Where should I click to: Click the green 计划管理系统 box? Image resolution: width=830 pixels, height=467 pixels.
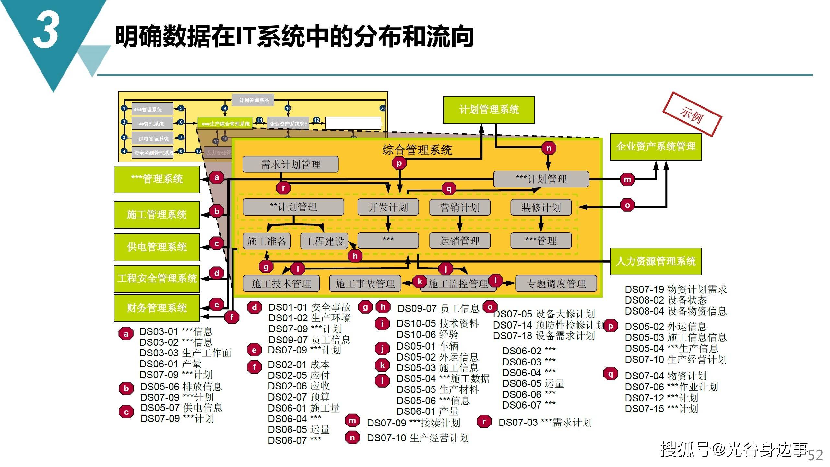click(x=489, y=110)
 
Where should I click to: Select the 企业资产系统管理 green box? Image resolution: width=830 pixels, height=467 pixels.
click(x=656, y=147)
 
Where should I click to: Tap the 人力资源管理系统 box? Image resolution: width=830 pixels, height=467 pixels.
click(x=656, y=261)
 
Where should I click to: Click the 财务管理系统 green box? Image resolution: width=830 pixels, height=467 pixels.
click(x=157, y=308)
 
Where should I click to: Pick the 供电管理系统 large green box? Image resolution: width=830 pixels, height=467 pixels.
click(x=157, y=247)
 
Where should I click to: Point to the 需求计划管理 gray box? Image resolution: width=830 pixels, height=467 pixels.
click(x=290, y=164)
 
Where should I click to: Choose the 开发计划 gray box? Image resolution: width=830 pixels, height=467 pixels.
click(x=388, y=207)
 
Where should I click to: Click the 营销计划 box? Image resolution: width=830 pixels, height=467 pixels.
click(x=459, y=208)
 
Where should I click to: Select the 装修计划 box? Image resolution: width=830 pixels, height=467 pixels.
click(x=541, y=208)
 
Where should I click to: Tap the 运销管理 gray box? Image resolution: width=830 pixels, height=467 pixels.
click(x=459, y=241)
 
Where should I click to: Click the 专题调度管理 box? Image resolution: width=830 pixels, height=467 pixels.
click(x=556, y=284)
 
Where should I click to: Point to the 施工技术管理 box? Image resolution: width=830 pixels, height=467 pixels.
click(x=281, y=284)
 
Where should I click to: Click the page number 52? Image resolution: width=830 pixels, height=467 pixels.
click(x=815, y=455)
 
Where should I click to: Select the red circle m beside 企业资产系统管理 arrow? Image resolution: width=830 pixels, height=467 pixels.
click(x=627, y=179)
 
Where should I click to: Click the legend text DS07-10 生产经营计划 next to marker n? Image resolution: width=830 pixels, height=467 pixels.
click(x=418, y=438)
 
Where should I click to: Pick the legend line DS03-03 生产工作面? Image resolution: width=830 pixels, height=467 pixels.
click(x=185, y=353)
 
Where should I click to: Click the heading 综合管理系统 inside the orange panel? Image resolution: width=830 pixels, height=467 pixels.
click(x=417, y=150)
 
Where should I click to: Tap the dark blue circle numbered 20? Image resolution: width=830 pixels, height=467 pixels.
click(x=383, y=108)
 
